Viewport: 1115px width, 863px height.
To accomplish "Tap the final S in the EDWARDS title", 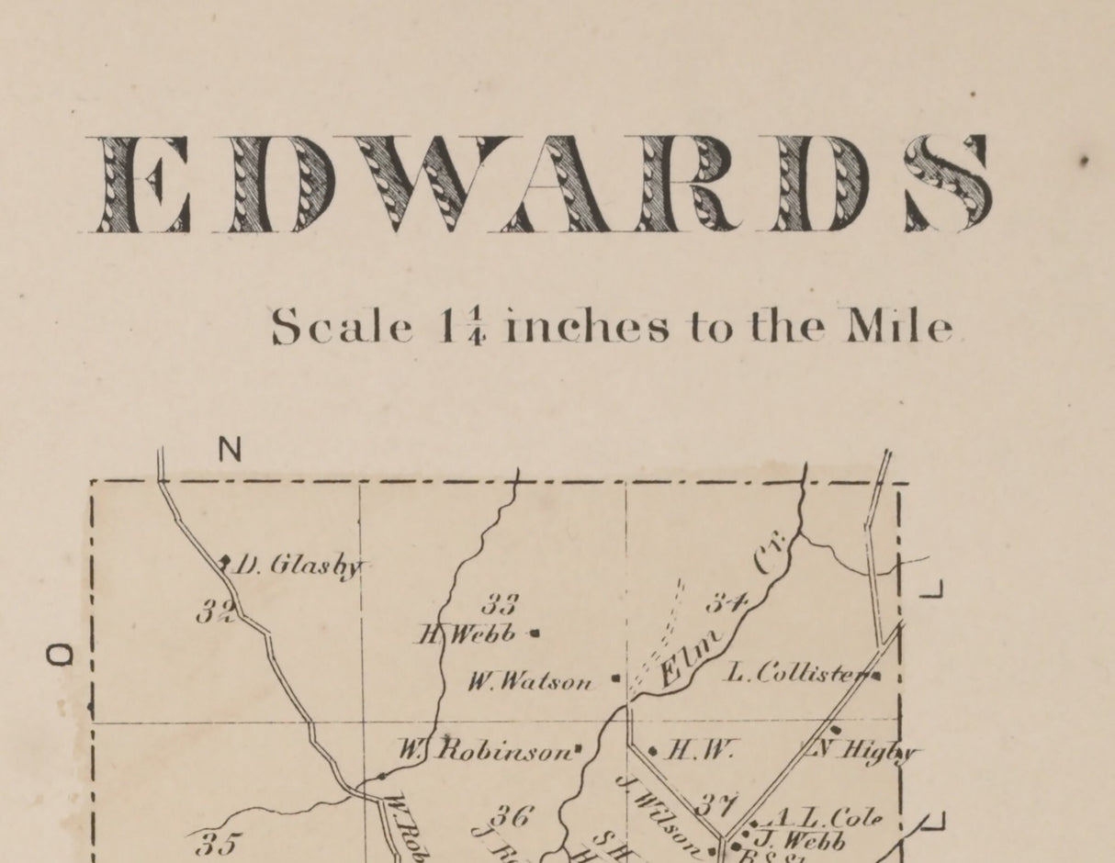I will click(948, 184).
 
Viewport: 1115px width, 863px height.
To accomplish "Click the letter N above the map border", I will click(230, 450).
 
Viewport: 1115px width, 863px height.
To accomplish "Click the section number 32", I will click(216, 612).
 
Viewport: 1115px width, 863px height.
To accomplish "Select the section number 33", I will click(501, 604).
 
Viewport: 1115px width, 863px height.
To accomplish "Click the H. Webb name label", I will click(468, 633).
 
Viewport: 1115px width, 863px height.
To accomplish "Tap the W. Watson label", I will click(531, 682).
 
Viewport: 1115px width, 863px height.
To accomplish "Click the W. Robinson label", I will click(486, 751).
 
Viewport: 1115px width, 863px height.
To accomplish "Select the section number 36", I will click(512, 814).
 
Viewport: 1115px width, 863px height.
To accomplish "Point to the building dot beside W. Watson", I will click(614, 680).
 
